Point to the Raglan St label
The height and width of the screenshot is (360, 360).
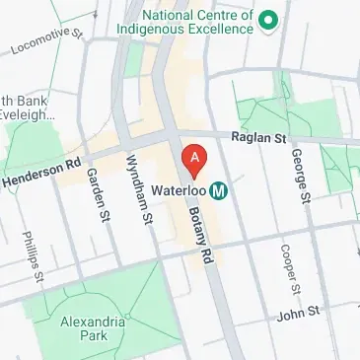(257, 140)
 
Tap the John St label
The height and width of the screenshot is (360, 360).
(299, 313)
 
